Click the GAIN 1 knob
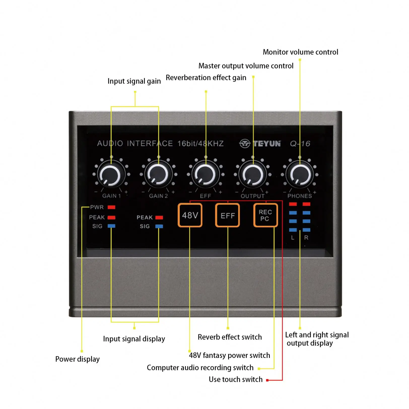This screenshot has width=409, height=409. tap(111, 175)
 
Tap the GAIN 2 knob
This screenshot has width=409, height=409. tap(158, 175)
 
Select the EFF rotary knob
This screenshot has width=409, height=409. tap(206, 175)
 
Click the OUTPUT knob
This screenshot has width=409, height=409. tap(253, 175)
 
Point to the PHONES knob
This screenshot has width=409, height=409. tap(300, 175)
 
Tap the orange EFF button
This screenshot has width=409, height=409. tap(227, 215)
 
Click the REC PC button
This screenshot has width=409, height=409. tap(265, 215)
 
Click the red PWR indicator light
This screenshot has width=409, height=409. tap(111, 207)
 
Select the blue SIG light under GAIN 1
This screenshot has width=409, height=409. tap(111, 226)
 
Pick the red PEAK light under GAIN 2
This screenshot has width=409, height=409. tap(159, 217)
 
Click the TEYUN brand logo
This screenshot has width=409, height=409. tap(260, 144)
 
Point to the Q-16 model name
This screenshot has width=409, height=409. tap(300, 144)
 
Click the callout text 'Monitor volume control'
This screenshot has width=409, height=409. tap(300, 52)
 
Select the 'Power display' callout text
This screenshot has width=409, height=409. tap(77, 359)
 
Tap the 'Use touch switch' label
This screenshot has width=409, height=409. tap(235, 379)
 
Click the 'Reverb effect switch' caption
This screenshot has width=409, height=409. tap(229, 337)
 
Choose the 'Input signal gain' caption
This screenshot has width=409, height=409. tap(134, 81)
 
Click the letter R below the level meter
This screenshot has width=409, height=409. tap(306, 237)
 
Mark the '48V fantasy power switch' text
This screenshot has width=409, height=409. tap(229, 355)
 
